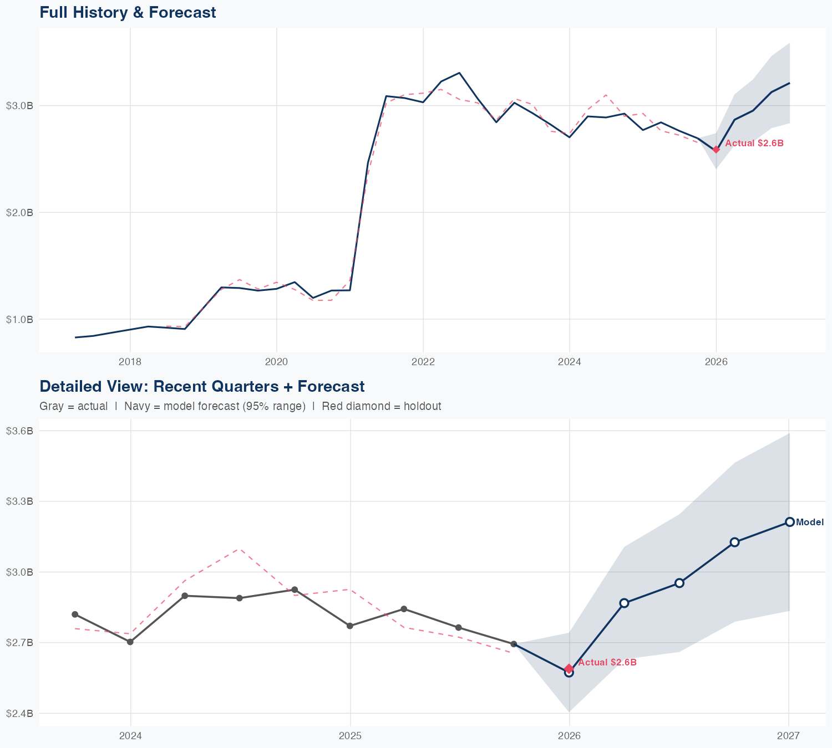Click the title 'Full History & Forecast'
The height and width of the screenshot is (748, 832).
pos(128,12)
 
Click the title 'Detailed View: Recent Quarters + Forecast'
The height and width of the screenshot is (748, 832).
pos(202,386)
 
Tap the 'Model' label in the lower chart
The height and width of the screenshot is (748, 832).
pos(810,522)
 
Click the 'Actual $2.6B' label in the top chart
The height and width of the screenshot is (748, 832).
pos(754,143)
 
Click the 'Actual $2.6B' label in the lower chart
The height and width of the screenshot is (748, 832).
pos(607,662)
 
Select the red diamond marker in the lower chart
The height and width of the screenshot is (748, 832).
pos(569,669)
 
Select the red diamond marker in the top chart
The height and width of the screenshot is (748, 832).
pos(716,149)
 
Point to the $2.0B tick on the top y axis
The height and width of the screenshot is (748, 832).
pos(19,212)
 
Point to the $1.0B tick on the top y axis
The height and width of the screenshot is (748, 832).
pos(19,319)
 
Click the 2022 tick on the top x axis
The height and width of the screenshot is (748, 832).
pos(423,362)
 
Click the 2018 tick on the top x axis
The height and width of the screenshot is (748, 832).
pos(130,362)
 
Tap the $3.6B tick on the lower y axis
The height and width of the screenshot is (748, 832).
pos(19,431)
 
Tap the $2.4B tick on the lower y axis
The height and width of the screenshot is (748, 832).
pos(19,713)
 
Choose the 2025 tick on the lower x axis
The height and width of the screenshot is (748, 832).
pos(350,736)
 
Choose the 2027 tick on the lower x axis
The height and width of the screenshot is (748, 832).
pos(788,736)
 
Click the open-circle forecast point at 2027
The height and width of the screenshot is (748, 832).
pos(789,522)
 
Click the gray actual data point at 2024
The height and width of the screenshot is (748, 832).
pos(130,642)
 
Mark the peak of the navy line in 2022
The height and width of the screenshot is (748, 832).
pos(459,73)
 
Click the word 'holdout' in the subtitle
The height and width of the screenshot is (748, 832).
pos(422,406)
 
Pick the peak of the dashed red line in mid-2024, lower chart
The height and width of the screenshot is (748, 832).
pos(239,549)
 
